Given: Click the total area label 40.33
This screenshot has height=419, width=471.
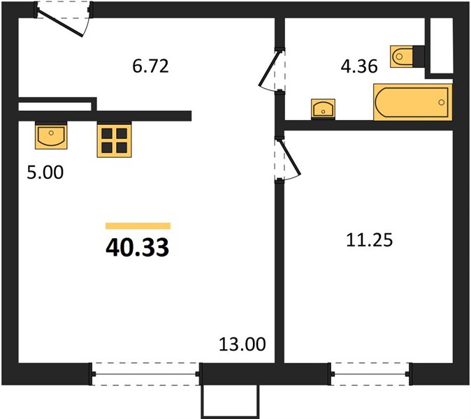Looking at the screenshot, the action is coord(137,248).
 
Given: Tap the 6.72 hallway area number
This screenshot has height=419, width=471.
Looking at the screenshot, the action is coord(150,66).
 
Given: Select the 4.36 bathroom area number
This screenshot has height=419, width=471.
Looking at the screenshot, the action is coord(359,66).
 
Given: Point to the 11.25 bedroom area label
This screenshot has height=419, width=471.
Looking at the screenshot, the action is coord(369,240).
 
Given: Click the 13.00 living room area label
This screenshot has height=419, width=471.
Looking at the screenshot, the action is coord(242,344).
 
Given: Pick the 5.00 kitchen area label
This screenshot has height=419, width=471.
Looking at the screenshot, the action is coord(45,172).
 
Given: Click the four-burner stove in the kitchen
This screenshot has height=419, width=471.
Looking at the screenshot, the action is coord(114,140).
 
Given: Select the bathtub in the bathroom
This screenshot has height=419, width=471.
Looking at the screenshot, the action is coord(413,102).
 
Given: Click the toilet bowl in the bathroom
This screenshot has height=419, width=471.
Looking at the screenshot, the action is coord(402,56).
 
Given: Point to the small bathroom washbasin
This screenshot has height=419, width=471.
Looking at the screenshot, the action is coord(324,109).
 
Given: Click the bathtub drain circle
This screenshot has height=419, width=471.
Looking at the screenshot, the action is coord(441,103).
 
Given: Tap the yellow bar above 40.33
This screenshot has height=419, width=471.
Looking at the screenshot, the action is coord(138,226).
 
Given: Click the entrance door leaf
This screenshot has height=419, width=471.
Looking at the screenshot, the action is coord(60,24).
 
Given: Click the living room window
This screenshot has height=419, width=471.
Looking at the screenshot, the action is coord(145,374).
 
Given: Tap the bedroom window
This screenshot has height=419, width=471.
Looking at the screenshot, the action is coord(370,374).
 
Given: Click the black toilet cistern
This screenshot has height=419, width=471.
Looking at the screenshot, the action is coord(419,56).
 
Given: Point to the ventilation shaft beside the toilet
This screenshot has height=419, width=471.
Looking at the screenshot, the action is coord(441,45).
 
